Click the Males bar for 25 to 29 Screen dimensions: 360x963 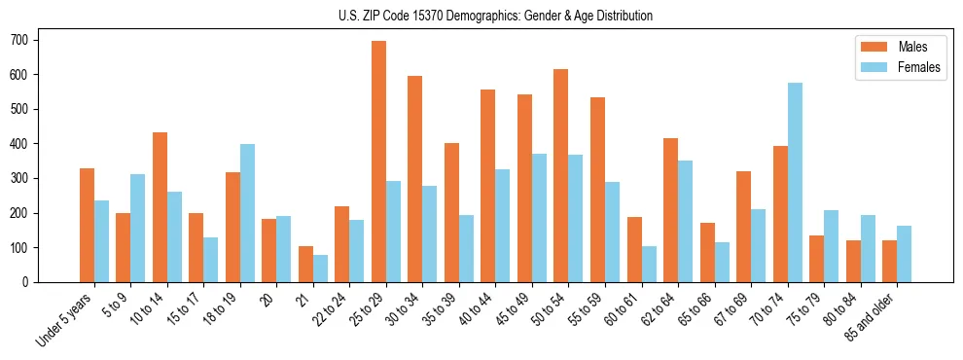tap(378, 162)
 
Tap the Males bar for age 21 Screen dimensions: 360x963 tap(305, 264)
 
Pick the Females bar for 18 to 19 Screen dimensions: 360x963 tap(247, 213)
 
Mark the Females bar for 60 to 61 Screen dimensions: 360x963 tap(649, 264)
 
